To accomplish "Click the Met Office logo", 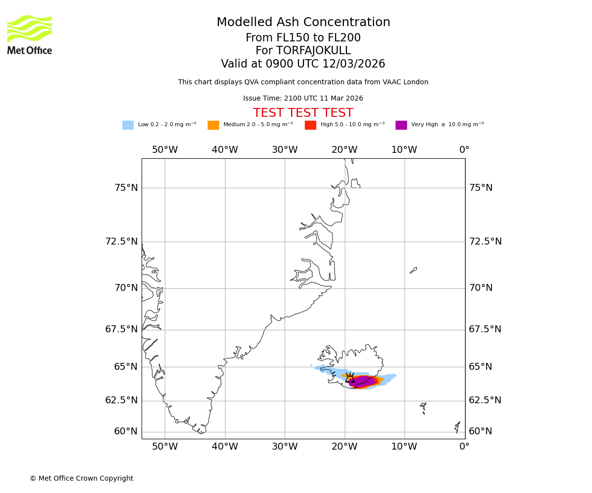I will (30, 35).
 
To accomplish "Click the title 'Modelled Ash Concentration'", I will (303, 23).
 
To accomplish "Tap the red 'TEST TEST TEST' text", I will (303, 113).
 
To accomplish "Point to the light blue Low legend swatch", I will (128, 125).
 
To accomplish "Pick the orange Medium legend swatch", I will (213, 125).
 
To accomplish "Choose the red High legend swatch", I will (310, 125).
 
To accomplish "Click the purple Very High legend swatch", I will (401, 125).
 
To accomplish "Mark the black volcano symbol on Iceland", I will (350, 378).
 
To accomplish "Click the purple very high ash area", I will (363, 382).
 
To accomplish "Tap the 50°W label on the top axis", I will (165, 150).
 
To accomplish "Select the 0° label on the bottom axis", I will (464, 447).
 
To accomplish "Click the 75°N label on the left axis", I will (126, 188).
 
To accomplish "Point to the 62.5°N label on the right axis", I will (485, 400).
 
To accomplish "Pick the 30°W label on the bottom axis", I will (285, 447).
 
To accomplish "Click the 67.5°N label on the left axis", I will (121, 329).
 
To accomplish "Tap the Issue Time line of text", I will (303, 99).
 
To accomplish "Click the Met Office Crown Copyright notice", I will (81, 478).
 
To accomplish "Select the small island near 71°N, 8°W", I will (413, 270).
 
